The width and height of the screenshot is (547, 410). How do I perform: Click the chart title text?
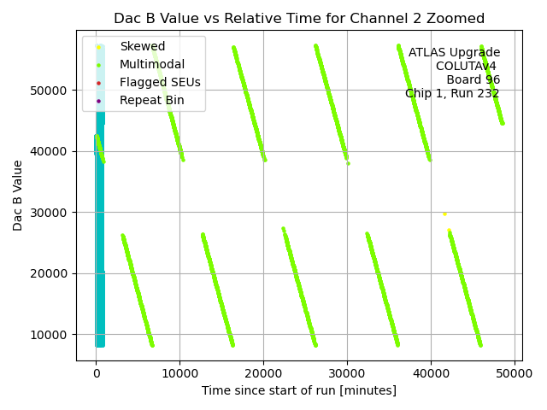tap(299, 18)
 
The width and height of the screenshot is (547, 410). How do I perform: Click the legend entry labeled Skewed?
tap(143, 46)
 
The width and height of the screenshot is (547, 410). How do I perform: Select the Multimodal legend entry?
tap(152, 64)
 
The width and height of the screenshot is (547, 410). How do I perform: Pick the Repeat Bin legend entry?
tap(151, 100)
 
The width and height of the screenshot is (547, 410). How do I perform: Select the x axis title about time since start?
tap(299, 390)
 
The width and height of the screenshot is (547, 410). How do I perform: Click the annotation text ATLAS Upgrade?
tap(454, 52)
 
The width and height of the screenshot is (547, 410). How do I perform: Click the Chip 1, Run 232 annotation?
tap(452, 93)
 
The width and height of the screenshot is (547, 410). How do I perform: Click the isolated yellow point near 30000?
tap(444, 214)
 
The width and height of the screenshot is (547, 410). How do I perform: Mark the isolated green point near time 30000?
tap(348, 163)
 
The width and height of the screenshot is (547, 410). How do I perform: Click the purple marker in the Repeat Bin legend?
tap(99, 101)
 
